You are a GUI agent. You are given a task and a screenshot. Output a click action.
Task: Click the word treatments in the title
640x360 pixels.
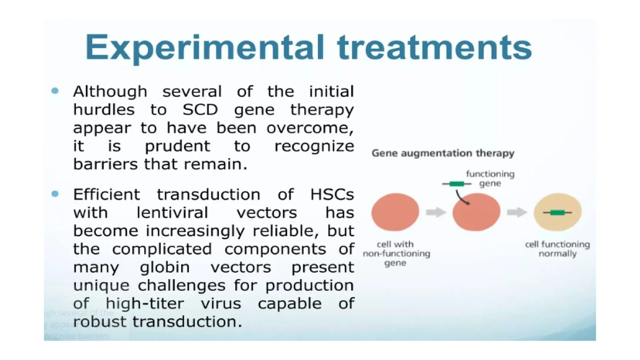[x=434, y=47]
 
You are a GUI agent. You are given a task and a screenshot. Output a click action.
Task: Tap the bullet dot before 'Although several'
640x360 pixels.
[x=55, y=91]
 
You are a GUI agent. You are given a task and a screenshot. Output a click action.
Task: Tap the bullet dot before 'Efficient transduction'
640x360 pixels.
[x=55, y=194]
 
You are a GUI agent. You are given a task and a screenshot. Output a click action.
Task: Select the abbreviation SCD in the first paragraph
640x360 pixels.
[x=200, y=110]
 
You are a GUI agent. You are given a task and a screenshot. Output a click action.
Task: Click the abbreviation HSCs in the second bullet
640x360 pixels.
[x=332, y=195]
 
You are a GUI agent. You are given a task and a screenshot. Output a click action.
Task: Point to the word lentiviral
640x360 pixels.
[x=172, y=213]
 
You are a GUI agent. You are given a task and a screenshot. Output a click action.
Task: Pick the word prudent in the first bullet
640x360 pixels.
[x=177, y=146]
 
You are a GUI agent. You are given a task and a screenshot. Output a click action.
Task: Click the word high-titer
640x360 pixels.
[x=145, y=303]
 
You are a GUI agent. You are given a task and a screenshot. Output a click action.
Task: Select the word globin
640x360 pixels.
[x=165, y=267]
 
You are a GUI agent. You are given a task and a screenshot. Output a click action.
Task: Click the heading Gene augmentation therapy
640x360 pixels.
[x=443, y=153]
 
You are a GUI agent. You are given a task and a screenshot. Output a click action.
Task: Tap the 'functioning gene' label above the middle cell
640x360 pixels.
[x=490, y=178]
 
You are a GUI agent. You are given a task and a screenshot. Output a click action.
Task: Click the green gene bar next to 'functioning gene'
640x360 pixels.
[x=457, y=184]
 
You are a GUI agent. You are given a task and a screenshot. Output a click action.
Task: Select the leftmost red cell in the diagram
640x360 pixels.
[x=395, y=212]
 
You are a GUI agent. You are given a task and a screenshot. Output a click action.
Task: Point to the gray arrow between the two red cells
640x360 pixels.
[x=436, y=212]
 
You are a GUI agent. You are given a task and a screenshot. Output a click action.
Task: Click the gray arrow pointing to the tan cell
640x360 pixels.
[x=517, y=212]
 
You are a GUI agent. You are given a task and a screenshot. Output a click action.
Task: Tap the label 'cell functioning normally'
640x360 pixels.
[x=557, y=249]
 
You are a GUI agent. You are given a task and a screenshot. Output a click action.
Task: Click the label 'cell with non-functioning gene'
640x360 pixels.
[x=396, y=253]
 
